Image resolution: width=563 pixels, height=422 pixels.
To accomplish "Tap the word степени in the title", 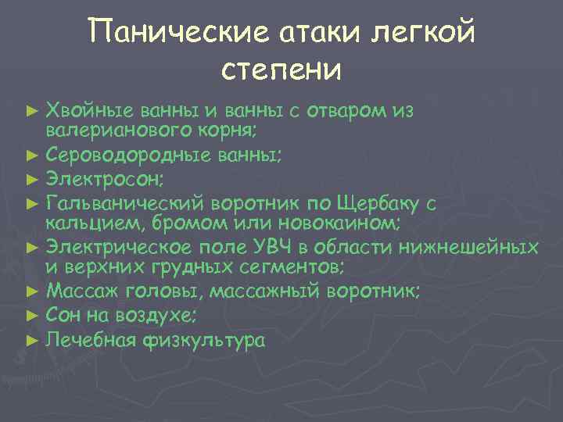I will (x=281, y=70).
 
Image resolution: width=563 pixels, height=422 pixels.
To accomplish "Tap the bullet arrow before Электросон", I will (x=31, y=181).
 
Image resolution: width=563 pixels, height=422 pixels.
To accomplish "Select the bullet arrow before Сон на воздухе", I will (x=31, y=316).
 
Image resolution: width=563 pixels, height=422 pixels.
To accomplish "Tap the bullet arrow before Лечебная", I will (x=31, y=341).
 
